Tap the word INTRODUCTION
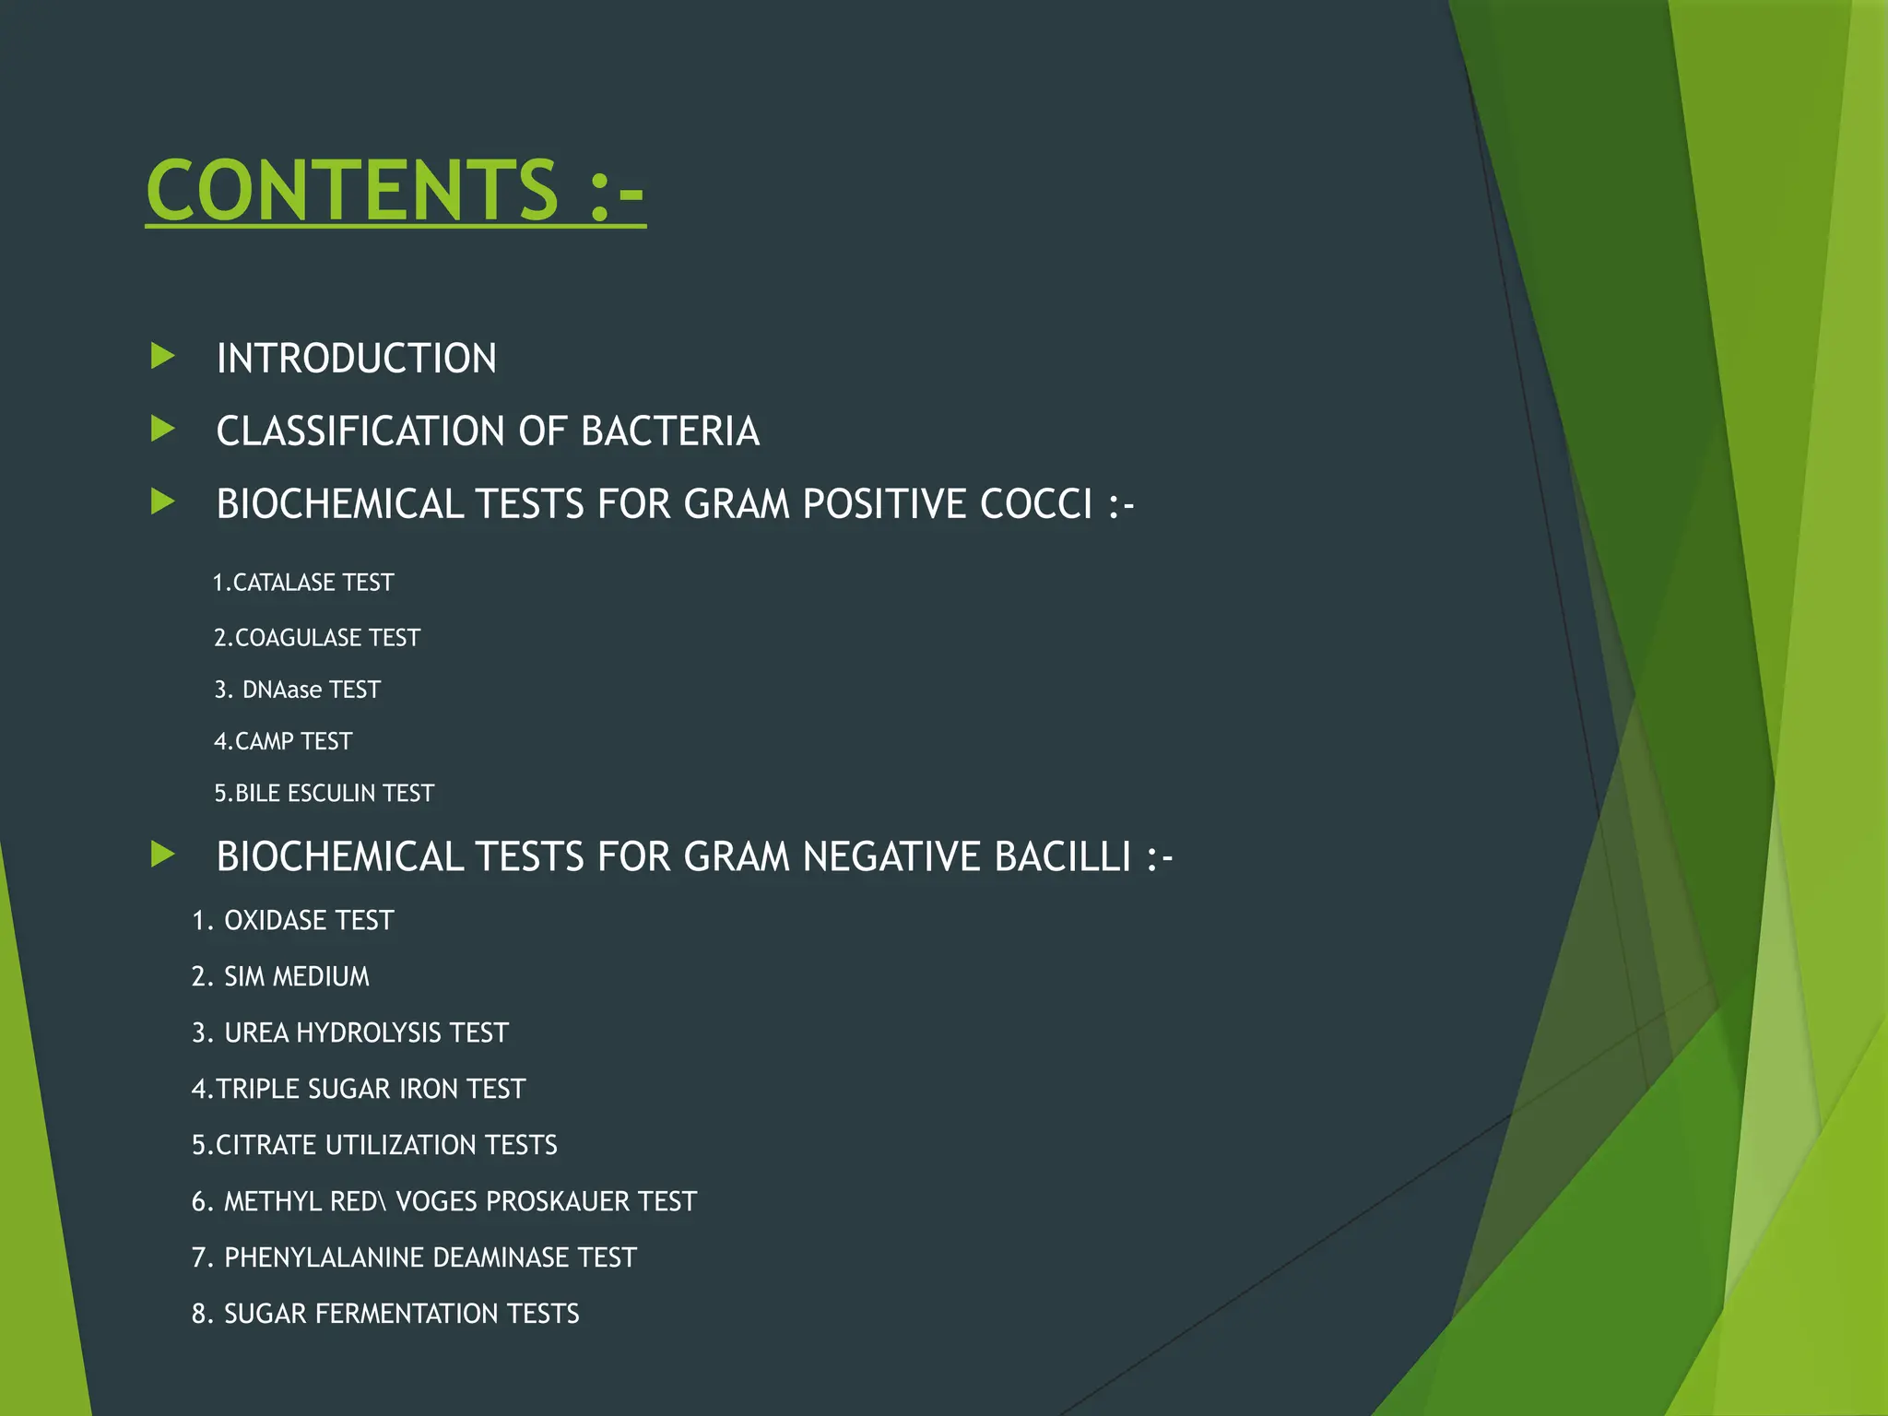coord(356,359)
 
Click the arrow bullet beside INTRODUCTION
coord(163,356)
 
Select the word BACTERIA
coord(670,431)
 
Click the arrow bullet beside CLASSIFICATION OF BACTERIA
coord(163,429)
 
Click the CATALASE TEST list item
coord(303,583)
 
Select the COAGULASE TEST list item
coord(317,638)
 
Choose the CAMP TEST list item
coord(283,741)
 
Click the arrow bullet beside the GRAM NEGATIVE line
coord(163,855)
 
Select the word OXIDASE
coord(276,921)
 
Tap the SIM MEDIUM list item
coord(280,977)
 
